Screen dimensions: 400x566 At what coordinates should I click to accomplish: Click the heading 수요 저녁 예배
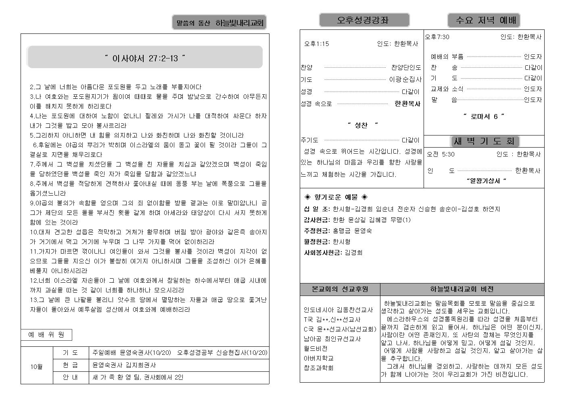(x=484, y=20)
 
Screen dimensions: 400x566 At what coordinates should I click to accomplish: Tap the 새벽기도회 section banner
(x=484, y=141)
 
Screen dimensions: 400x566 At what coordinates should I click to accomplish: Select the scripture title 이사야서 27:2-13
(x=145, y=58)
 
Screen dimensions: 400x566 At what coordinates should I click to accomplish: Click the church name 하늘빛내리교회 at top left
(x=240, y=23)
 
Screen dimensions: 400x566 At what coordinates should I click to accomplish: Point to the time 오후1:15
(x=317, y=44)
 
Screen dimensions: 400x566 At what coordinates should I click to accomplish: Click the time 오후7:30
(x=437, y=37)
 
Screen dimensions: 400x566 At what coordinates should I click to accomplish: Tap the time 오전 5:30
(x=441, y=154)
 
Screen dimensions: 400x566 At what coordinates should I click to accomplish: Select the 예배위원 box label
(x=46, y=335)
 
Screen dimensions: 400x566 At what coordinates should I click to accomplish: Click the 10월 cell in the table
(x=36, y=367)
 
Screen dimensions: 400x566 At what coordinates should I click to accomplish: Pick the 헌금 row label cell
(x=70, y=365)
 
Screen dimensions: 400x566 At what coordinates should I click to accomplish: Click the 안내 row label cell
(x=70, y=377)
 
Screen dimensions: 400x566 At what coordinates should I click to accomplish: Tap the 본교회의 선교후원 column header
(x=340, y=289)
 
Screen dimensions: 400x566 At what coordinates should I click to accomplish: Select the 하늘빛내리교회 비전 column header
(x=462, y=289)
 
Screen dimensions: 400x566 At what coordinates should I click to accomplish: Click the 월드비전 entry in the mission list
(x=315, y=348)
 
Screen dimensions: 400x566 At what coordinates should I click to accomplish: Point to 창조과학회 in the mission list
(x=318, y=368)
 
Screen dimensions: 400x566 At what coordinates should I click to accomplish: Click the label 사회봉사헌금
(x=323, y=252)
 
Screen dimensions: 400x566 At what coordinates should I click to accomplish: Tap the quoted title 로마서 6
(x=484, y=117)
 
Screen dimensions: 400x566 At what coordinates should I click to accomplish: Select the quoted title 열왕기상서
(x=486, y=181)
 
